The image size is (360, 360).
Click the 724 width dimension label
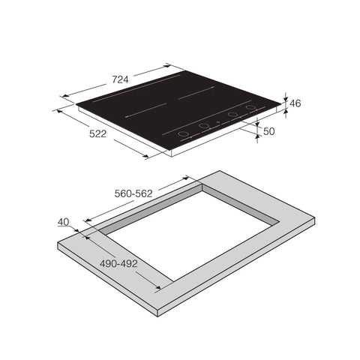120,79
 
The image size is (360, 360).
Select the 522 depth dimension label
97,133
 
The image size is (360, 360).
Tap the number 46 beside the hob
295,103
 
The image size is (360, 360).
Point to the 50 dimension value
269,131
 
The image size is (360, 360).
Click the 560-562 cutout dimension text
133,193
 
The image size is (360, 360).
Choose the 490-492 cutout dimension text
118,263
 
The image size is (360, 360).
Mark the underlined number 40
64,222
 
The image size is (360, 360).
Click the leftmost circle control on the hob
183,133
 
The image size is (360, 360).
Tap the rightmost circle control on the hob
250,107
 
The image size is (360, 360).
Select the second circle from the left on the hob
204,126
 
